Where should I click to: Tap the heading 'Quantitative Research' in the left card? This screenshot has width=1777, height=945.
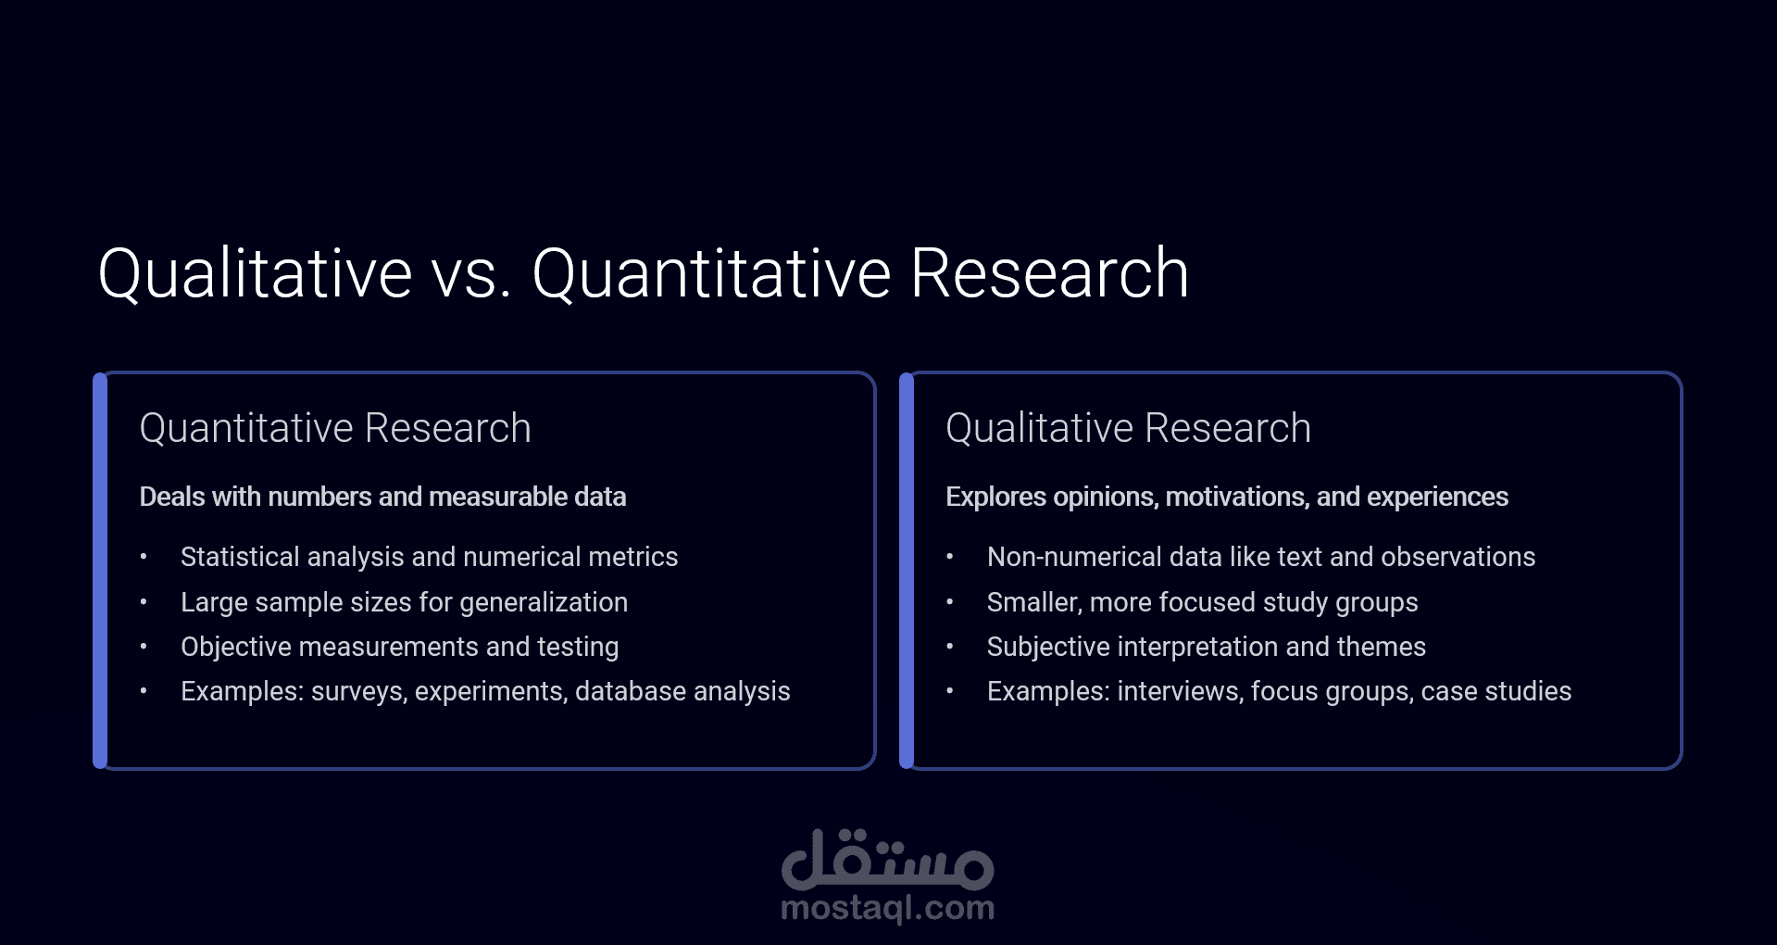[x=335, y=428]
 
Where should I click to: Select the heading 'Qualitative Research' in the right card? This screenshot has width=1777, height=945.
[x=1128, y=428]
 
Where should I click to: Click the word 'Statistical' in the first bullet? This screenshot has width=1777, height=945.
[x=240, y=557]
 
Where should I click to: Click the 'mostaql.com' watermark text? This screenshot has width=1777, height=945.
[x=887, y=908]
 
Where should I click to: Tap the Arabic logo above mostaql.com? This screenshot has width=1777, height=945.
[x=887, y=859]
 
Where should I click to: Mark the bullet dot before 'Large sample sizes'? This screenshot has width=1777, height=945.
[x=144, y=602]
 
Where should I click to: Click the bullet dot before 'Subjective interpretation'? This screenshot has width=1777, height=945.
[x=950, y=647]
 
